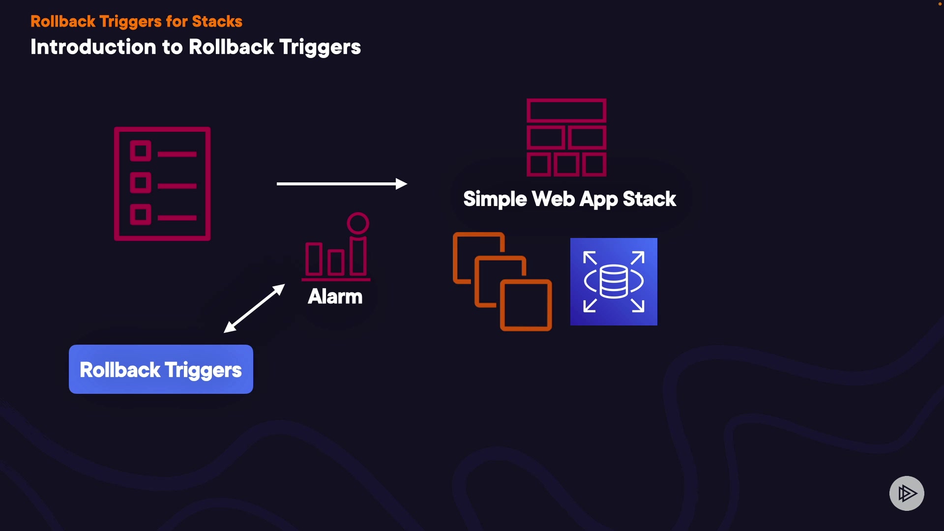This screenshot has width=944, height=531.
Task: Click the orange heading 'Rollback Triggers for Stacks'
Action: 136,22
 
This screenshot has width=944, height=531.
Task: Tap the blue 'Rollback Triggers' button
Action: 161,369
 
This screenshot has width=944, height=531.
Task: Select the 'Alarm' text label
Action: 335,296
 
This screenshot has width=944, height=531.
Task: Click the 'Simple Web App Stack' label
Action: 569,199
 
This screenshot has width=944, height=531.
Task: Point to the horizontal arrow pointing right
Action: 342,184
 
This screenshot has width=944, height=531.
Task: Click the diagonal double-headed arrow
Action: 254,308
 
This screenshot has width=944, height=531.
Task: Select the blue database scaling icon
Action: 614,282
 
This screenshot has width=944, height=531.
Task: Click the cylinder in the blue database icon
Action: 614,281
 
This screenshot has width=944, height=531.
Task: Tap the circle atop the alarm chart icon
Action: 358,223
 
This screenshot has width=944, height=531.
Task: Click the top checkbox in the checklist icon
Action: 141,151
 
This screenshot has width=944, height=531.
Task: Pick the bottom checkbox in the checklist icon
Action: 141,214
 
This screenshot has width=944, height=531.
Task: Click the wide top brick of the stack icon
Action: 566,111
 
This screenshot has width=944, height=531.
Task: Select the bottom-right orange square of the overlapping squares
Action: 526,305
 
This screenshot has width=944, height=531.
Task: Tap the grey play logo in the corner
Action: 907,493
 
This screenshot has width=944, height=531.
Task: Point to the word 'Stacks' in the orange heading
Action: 217,22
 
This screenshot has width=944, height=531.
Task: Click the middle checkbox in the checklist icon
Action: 141,182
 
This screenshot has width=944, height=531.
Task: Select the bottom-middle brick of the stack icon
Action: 566,165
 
